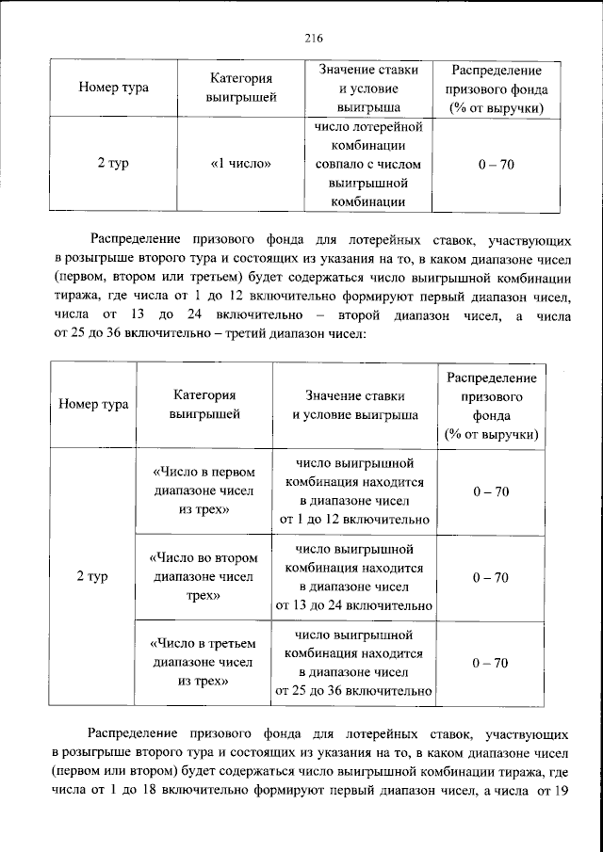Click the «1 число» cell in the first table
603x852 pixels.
coord(240,164)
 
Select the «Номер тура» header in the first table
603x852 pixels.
coord(114,88)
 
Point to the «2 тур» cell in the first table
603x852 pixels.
coord(114,164)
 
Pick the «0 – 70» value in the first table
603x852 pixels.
coord(496,164)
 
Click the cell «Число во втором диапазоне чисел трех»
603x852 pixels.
coord(204,577)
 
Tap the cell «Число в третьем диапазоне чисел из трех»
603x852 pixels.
coord(204,663)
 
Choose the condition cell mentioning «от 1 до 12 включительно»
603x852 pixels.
coord(353,490)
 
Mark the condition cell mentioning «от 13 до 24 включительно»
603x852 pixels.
coord(353,577)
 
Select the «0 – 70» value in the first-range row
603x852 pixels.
coord(491,490)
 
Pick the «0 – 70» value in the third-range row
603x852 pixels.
coord(491,663)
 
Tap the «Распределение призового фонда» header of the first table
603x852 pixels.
coord(496,88)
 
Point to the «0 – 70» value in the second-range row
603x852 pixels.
coord(491,577)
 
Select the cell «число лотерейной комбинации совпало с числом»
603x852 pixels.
coord(367,164)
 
